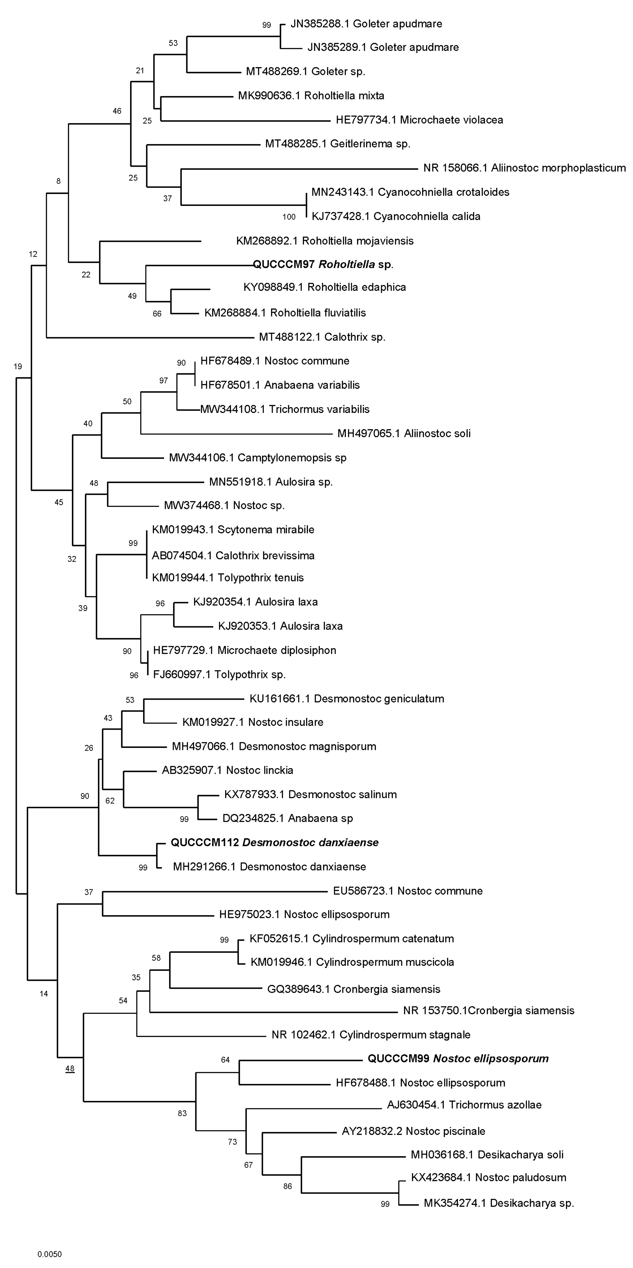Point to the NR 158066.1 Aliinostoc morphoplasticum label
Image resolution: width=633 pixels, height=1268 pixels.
point(524,168)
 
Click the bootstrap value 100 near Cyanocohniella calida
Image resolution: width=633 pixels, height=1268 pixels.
point(289,217)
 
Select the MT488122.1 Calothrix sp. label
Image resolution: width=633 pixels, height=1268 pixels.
point(322,337)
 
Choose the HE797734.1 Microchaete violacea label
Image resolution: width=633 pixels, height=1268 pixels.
point(419,120)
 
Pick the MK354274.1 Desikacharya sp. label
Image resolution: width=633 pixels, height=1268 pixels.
point(499,1203)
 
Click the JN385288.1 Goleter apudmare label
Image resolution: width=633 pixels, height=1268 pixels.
point(366,24)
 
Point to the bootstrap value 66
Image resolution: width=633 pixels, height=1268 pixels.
point(157,314)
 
